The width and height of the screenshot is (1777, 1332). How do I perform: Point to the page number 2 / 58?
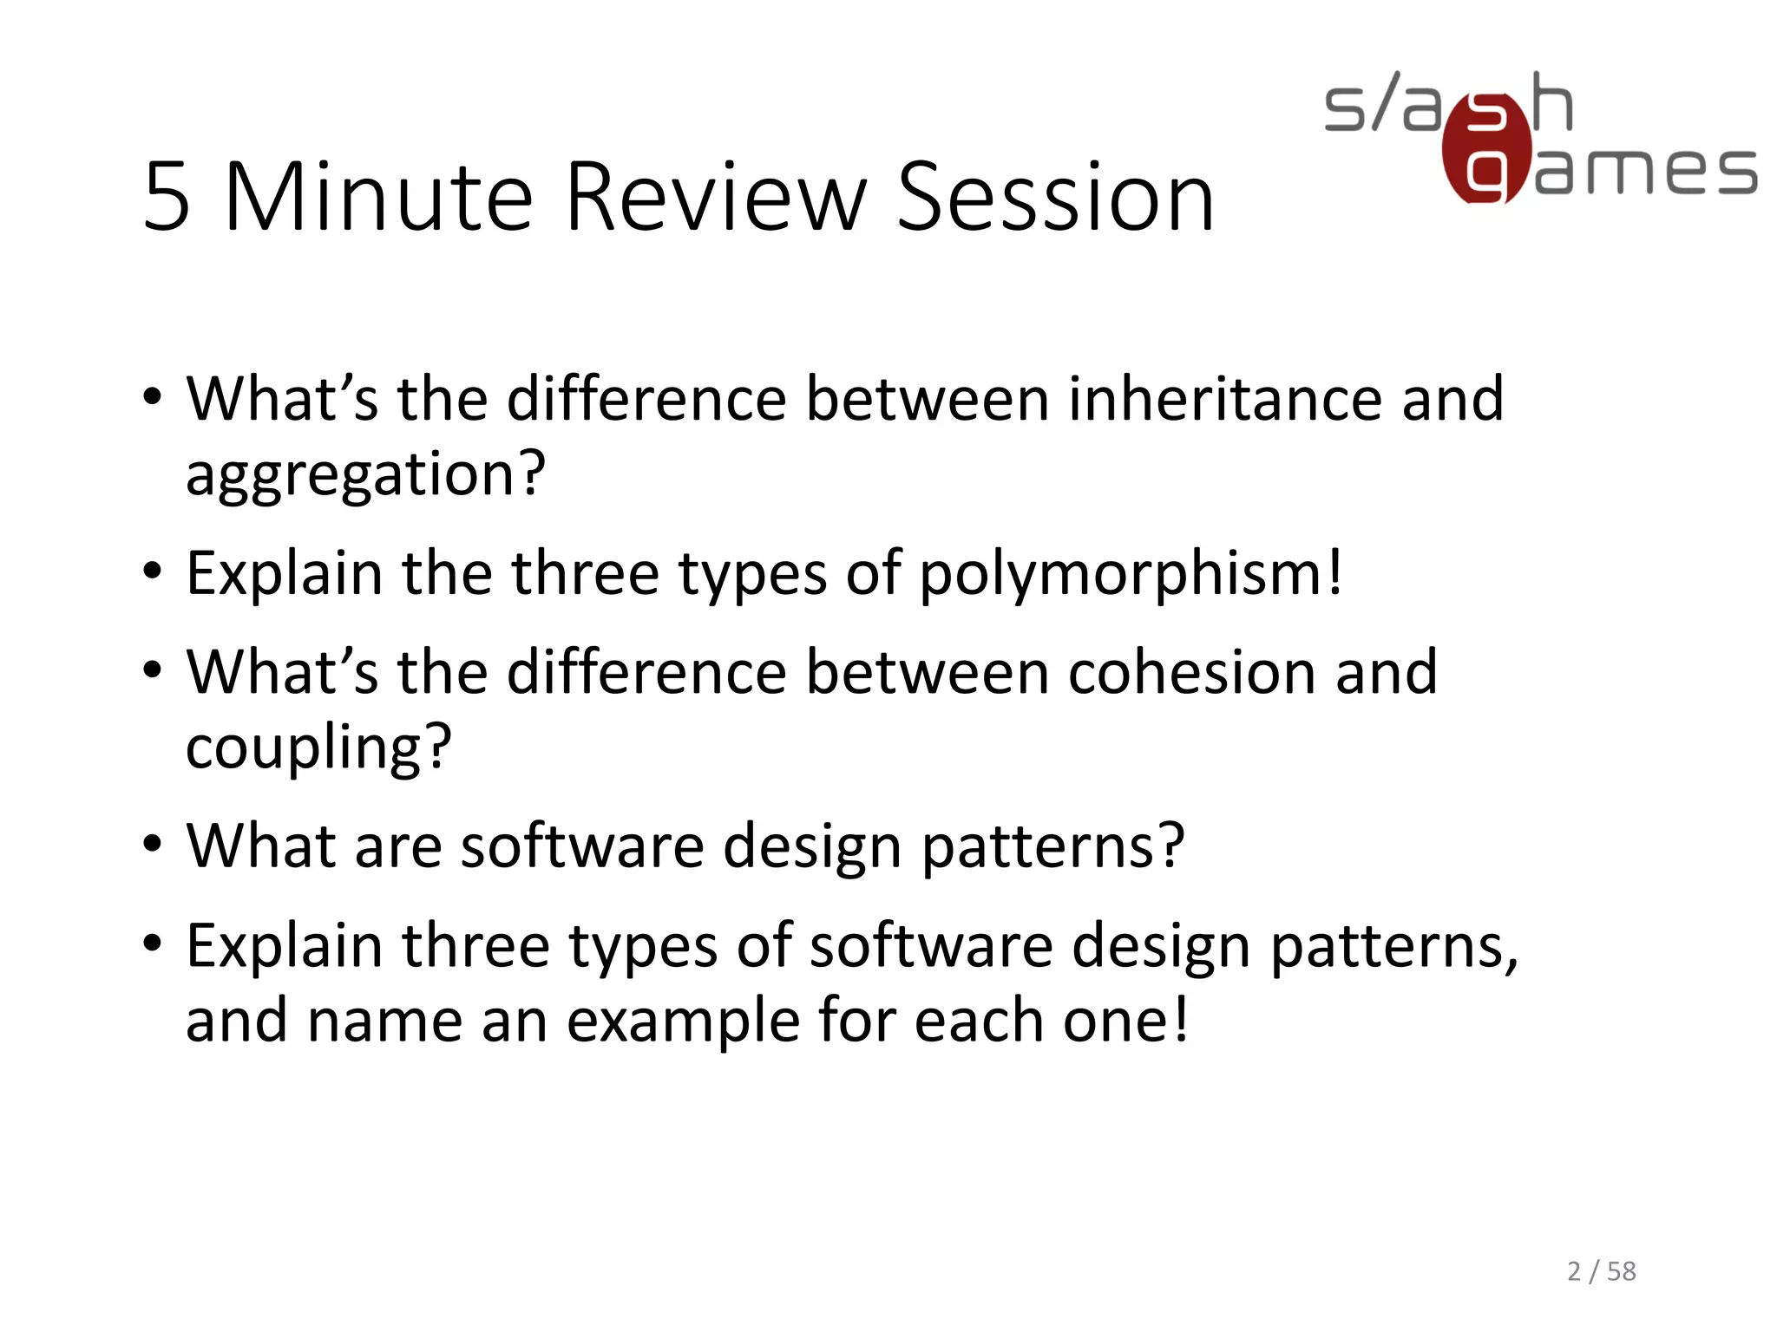(1601, 1271)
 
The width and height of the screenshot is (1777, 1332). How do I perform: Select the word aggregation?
(365, 475)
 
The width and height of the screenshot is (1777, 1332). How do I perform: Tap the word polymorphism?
(1131, 574)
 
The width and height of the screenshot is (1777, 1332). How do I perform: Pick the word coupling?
(318, 748)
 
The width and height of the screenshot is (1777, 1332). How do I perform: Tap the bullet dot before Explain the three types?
(153, 572)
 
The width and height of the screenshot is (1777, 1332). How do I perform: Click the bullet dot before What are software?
(153, 844)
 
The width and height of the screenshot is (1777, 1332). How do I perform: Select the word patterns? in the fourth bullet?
(1052, 846)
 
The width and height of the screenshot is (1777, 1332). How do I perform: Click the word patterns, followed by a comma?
(1394, 946)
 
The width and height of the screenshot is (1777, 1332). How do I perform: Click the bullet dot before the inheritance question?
(153, 398)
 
